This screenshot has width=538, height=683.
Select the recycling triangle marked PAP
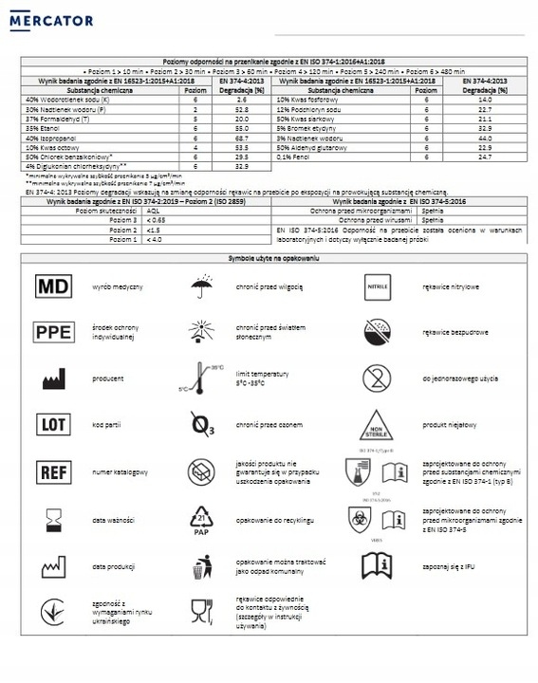coord(201,518)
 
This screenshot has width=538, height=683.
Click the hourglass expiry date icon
coord(52,518)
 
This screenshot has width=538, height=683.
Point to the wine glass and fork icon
coord(200,610)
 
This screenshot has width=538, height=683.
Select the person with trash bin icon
coord(201,565)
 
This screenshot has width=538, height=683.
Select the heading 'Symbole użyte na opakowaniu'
coord(269,258)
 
